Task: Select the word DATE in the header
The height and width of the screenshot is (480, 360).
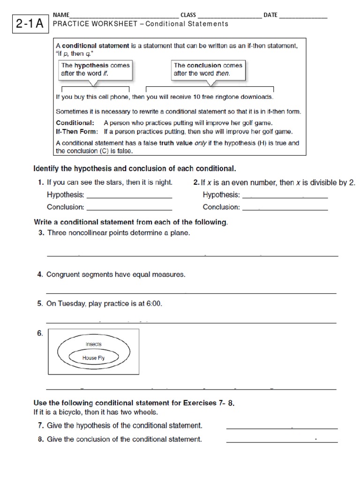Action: tap(270, 15)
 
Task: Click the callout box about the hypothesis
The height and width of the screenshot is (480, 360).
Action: tap(95, 70)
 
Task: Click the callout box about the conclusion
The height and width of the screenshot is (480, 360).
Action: tap(208, 70)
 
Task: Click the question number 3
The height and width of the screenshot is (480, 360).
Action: tap(41, 233)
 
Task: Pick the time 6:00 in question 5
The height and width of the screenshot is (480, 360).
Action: tap(154, 304)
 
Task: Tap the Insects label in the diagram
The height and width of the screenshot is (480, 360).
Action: tap(93, 345)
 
